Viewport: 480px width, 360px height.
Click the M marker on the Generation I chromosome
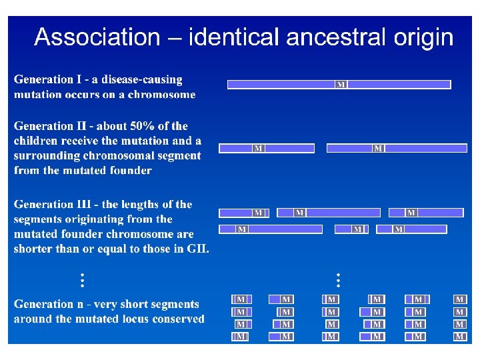tap(341, 85)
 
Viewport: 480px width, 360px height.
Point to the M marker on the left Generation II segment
tap(258, 148)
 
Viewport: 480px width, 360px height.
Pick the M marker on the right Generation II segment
tap(378, 148)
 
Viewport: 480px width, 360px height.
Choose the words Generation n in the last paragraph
tap(49, 304)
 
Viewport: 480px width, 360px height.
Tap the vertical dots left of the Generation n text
tap(82, 280)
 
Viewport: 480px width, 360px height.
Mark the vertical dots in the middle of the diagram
tap(338, 279)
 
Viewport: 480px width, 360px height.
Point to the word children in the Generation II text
tap(35, 141)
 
